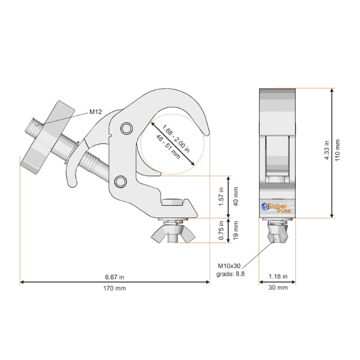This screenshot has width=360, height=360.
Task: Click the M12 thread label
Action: [x=95, y=112]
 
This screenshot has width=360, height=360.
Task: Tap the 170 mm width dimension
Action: [x=115, y=288]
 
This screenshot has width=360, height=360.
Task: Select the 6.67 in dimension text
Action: [x=115, y=277]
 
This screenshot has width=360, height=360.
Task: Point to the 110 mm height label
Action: [x=337, y=150]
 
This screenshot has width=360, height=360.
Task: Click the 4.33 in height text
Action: [x=326, y=150]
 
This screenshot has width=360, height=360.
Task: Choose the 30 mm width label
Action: [x=278, y=287]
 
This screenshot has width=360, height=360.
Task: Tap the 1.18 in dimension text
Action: [x=278, y=277]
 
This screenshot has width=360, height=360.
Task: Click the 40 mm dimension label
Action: [x=236, y=197]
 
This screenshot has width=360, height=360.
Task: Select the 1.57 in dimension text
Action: [x=221, y=197]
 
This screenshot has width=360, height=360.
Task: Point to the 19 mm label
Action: [x=236, y=230]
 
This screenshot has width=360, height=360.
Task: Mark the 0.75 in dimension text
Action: [x=221, y=230]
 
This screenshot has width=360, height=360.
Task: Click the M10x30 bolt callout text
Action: [x=229, y=266]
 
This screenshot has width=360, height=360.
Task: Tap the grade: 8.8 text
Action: [x=230, y=274]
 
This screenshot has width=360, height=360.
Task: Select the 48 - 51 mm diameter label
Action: [x=168, y=147]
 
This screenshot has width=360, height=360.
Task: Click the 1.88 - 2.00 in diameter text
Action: [x=176, y=139]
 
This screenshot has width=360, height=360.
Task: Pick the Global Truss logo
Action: [x=277, y=208]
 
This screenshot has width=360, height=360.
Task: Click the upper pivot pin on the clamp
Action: [x=127, y=128]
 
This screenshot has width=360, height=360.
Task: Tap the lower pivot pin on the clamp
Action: [x=121, y=182]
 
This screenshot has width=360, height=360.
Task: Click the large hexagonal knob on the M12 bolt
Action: [x=47, y=137]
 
